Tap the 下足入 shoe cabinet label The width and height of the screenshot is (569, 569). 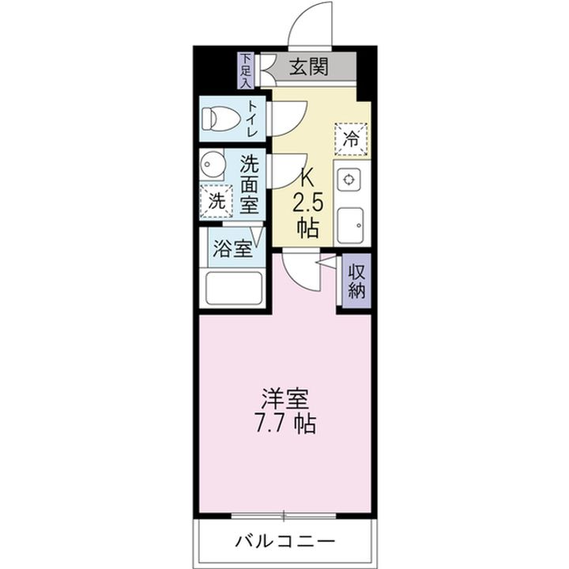246,69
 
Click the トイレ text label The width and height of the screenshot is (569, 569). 252,119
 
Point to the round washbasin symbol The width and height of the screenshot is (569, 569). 213,166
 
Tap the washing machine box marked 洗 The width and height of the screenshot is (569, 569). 216,201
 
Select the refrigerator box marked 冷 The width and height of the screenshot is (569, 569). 351,139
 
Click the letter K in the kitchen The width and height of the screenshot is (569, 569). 308,176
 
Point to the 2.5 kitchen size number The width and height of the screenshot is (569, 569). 308,203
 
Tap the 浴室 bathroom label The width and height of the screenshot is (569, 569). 232,248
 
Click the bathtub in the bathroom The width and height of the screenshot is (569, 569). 234,288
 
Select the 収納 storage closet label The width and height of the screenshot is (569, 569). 356,279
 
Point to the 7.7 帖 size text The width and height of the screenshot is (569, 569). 285,423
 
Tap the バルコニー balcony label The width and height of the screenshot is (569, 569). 284,542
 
